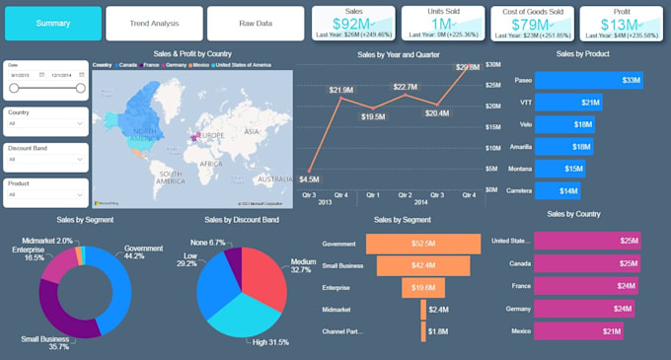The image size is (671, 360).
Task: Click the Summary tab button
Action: click(52, 23)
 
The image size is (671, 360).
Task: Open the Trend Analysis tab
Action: click(154, 23)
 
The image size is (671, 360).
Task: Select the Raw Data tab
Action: click(256, 23)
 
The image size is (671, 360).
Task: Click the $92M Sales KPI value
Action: click(351, 23)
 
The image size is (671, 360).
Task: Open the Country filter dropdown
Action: click(45, 123)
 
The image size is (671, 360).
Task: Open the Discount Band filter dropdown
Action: click(45, 159)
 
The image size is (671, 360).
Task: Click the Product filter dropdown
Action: click(45, 194)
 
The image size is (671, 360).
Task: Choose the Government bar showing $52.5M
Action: click(423, 243)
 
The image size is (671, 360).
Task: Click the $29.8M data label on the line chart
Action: click(468, 67)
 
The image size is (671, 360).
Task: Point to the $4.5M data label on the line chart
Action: click(309, 180)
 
